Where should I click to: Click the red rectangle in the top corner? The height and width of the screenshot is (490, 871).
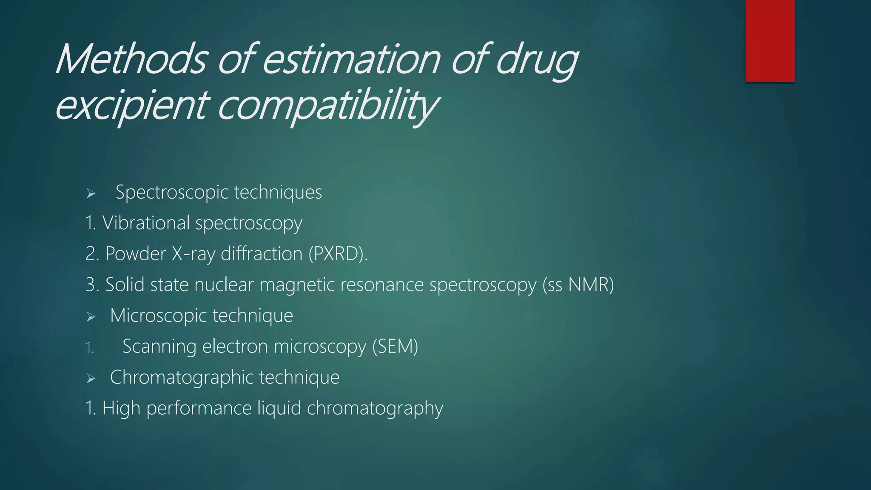(x=770, y=40)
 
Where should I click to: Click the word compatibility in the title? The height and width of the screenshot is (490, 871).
(x=327, y=105)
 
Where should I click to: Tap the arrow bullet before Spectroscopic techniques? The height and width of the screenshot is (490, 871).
(x=91, y=194)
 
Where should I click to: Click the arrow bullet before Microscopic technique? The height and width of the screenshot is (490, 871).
(x=91, y=317)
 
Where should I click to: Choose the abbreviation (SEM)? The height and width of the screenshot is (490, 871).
(x=395, y=346)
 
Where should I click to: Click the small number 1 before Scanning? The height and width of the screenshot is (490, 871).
(x=89, y=348)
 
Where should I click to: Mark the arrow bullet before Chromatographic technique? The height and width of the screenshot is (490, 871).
(x=91, y=379)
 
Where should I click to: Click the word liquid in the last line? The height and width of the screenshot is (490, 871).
(x=279, y=408)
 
